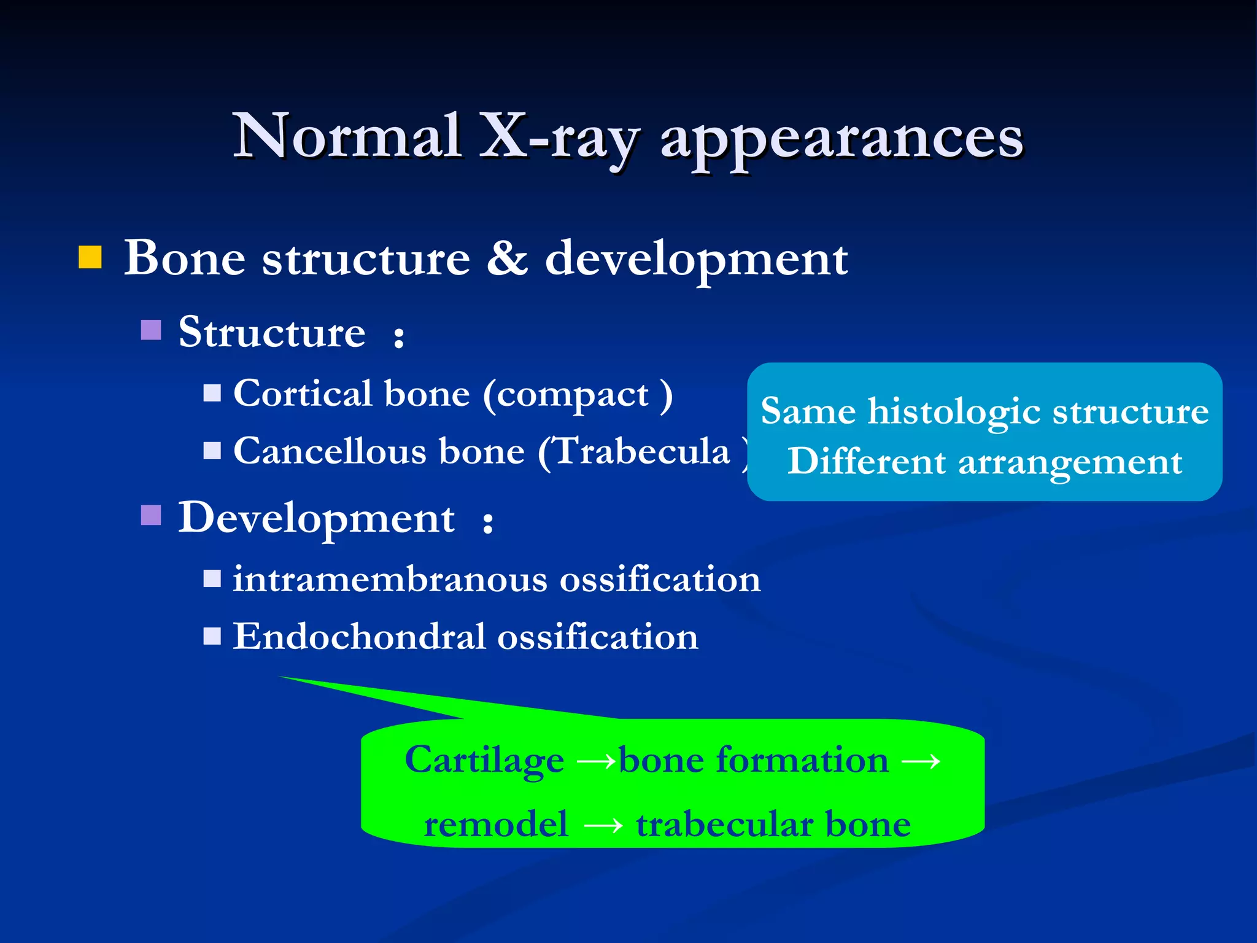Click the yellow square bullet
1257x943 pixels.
pos(90,258)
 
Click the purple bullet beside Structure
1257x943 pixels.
pos(151,330)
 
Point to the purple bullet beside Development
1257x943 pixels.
pos(151,516)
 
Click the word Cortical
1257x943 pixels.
pos(303,394)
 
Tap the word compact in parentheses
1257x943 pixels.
pos(572,395)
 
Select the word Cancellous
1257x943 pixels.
pos(330,451)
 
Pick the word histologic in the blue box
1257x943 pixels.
pos(953,411)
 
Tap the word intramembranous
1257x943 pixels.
pos(390,580)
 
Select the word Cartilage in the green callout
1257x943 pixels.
pos(484,761)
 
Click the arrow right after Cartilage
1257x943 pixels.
pos(596,762)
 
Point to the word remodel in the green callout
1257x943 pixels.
pos(496,825)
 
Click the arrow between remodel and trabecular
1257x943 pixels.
pos(603,826)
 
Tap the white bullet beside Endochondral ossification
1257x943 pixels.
pos(212,636)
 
